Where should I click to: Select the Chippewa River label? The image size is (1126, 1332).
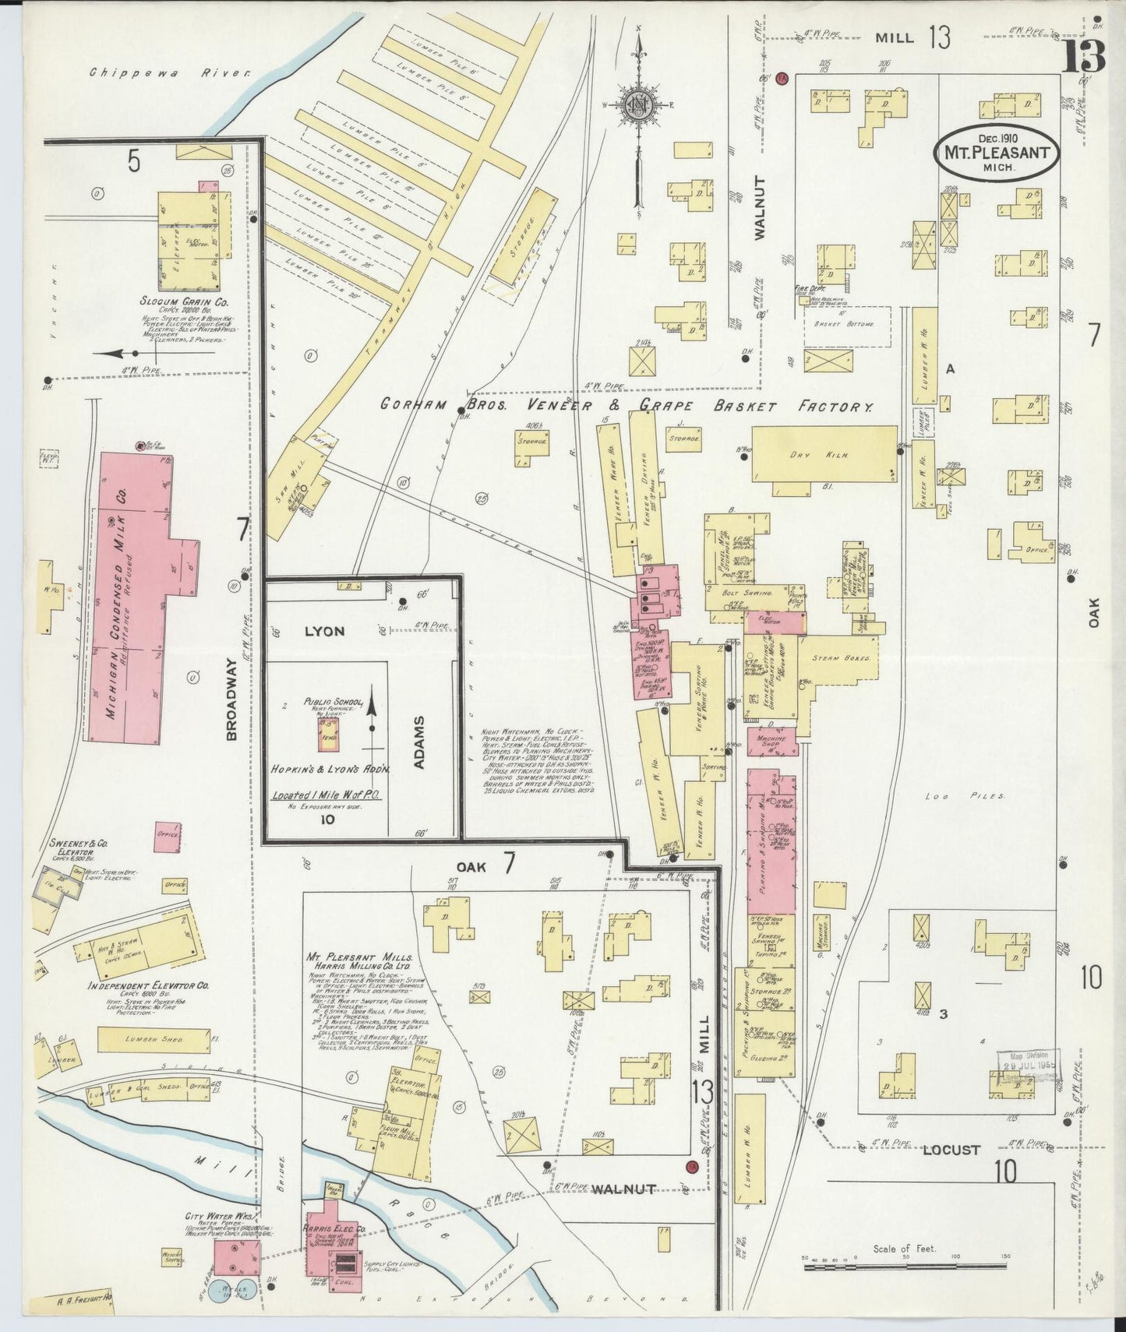(170, 72)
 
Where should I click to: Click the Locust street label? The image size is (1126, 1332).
(951, 1149)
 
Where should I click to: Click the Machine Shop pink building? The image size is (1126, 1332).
(771, 741)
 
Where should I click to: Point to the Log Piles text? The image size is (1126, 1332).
(965, 796)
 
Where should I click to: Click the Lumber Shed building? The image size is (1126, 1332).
(154, 1039)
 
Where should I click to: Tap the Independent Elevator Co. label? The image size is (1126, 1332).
(149, 985)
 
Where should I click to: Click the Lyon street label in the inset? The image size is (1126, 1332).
(324, 630)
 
